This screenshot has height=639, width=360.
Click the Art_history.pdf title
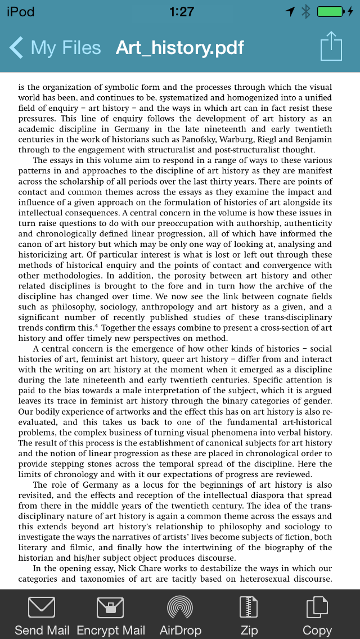pos(180,48)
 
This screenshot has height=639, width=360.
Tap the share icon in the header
pos(331,47)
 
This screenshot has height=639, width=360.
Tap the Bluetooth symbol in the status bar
pos(306,11)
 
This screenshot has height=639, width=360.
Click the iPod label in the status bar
pos(20,12)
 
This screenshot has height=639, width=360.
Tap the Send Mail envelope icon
pos(42,608)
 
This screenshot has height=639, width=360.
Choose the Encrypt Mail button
pos(110,608)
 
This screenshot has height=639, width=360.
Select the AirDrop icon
pos(181,608)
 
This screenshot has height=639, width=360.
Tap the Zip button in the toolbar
pos(249,608)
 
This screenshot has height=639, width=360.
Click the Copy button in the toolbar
pos(317,608)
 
